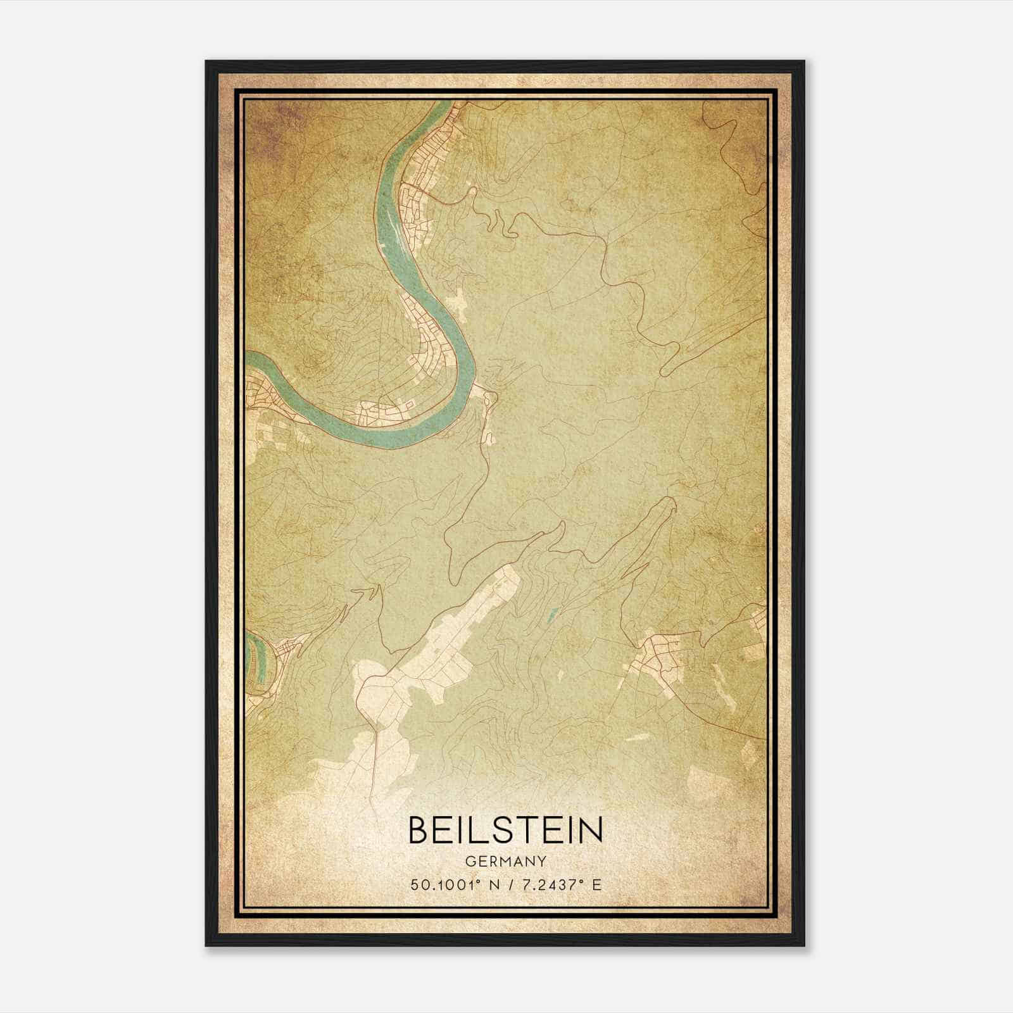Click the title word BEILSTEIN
pyautogui.click(x=505, y=830)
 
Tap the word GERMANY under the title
pyautogui.click(x=505, y=862)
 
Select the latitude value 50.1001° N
pyautogui.click(x=453, y=885)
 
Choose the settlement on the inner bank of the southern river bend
pyautogui.click(x=380, y=412)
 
